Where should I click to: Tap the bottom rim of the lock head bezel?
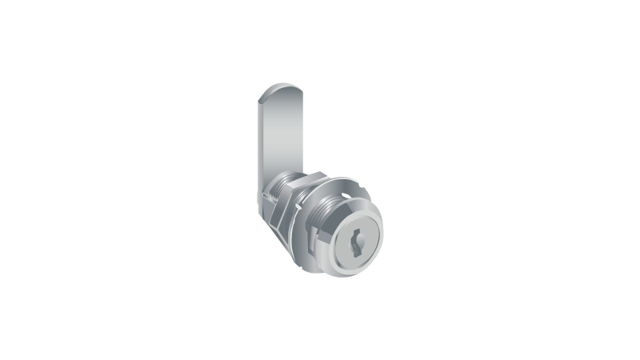click(356, 271)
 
